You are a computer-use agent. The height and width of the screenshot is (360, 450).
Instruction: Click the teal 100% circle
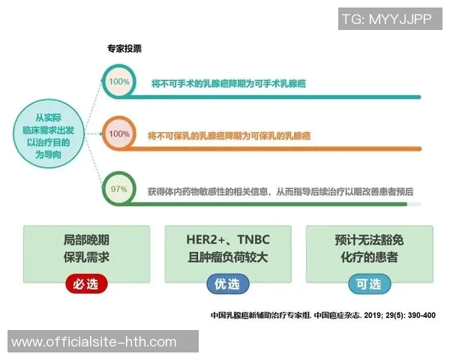pos(118,82)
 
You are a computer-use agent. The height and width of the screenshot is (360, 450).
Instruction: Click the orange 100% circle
pos(118,134)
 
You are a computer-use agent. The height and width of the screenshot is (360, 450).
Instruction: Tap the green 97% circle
pos(118,189)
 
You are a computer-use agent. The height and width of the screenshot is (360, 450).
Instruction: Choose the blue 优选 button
pos(227,284)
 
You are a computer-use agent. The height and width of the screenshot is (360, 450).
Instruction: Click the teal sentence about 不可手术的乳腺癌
pos(239,84)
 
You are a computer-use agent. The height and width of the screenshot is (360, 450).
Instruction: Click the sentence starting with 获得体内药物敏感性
pos(280,190)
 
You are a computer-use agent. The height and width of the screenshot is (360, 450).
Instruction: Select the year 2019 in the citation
pos(363,316)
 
